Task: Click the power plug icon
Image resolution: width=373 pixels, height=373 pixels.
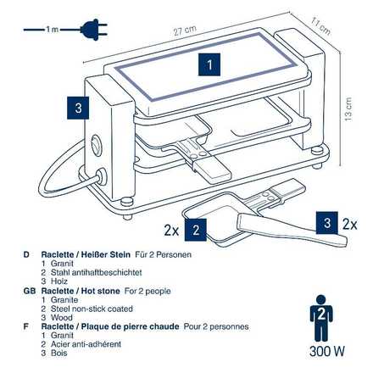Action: pyautogui.click(x=94, y=30)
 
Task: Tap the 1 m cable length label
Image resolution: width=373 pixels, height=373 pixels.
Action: pyautogui.click(x=52, y=29)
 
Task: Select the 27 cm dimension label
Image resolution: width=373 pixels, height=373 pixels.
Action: pyautogui.click(x=185, y=31)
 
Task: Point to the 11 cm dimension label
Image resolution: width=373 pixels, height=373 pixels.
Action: pyautogui.click(x=320, y=26)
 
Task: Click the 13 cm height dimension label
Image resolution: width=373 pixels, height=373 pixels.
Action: pyautogui.click(x=348, y=109)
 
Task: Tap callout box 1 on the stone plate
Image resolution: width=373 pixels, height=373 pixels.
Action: pyautogui.click(x=209, y=64)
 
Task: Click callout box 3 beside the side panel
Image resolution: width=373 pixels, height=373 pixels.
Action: pyautogui.click(x=78, y=108)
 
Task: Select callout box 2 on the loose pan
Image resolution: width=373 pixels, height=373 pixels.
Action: pyautogui.click(x=196, y=230)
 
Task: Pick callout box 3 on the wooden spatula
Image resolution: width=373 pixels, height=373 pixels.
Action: pyautogui.click(x=327, y=223)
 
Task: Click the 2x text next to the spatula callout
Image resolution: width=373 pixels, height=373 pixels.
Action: pyautogui.click(x=350, y=225)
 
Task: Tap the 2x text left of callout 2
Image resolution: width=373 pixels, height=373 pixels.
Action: pyautogui.click(x=171, y=231)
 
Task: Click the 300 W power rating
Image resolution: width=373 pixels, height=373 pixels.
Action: pyautogui.click(x=327, y=351)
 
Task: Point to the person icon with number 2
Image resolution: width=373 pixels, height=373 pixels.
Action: pyautogui.click(x=321, y=318)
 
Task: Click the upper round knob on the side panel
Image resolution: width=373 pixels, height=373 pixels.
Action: pyautogui.click(x=95, y=144)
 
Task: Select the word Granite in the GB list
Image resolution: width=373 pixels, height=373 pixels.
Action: pyautogui.click(x=64, y=300)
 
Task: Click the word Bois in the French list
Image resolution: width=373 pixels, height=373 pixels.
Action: pyautogui.click(x=59, y=353)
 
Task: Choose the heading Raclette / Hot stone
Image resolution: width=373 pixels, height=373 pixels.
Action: pyautogui.click(x=81, y=291)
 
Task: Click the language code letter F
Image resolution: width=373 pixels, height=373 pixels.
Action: pyautogui.click(x=26, y=326)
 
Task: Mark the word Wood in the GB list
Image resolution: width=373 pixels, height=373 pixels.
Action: pyautogui.click(x=62, y=318)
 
